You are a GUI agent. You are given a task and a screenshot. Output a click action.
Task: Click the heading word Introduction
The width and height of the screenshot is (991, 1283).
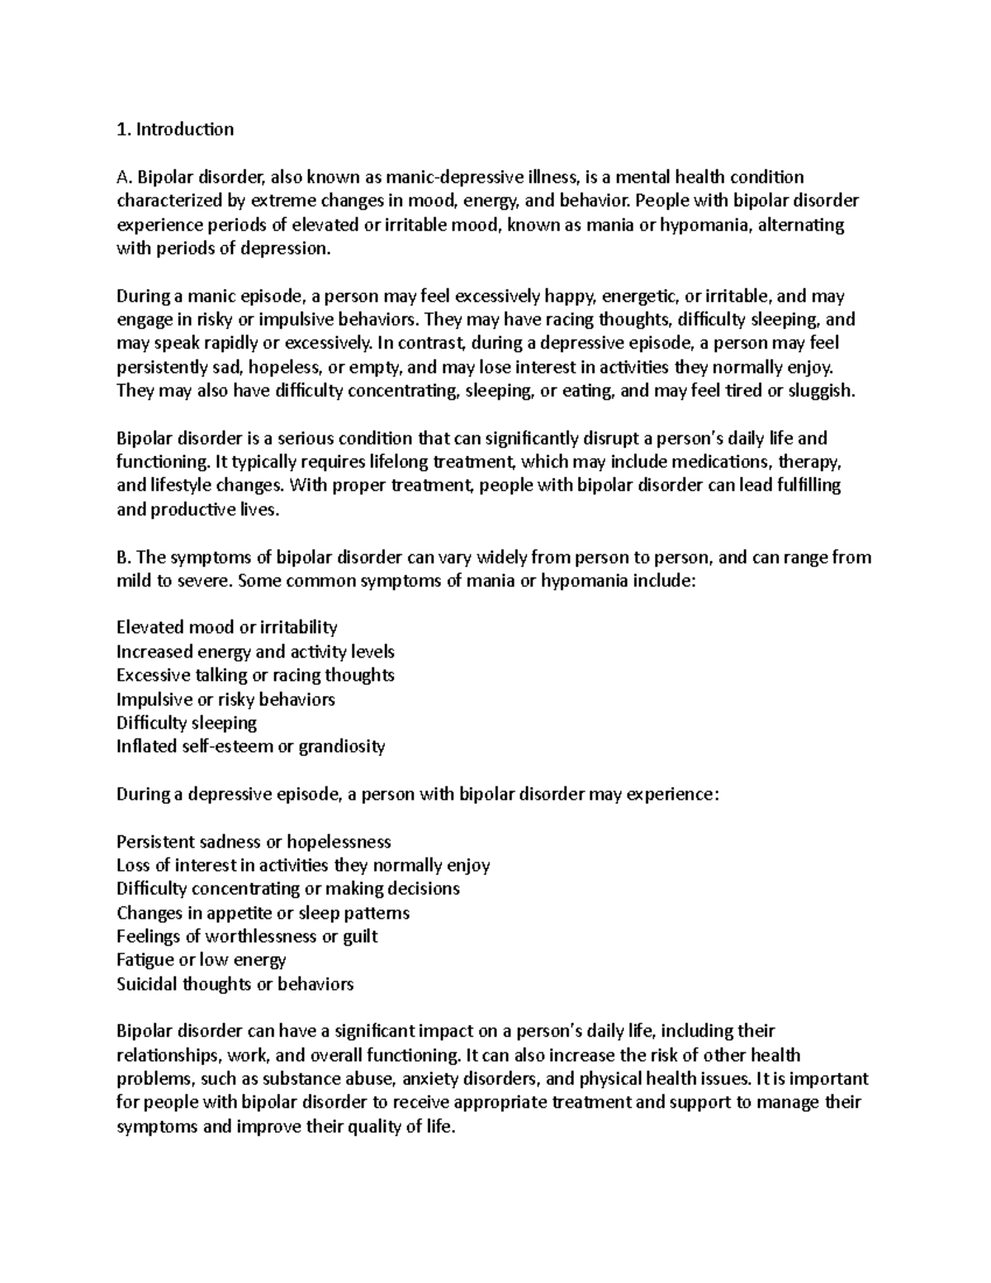point(185,129)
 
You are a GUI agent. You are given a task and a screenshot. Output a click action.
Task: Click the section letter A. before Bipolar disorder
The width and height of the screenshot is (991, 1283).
point(124,177)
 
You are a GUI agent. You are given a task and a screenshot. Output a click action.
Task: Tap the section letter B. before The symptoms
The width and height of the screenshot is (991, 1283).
point(124,558)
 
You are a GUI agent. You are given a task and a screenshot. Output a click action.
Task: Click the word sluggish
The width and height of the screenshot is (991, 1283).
point(821,391)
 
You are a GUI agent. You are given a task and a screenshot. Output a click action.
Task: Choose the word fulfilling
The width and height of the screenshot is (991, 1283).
point(799,486)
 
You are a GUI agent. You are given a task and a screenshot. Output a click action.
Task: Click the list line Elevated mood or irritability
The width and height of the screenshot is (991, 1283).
point(227,628)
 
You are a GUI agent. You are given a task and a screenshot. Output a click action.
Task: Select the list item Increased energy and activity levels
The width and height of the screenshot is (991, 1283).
point(255,652)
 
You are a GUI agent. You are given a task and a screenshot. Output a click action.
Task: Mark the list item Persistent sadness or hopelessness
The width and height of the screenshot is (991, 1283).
point(254,843)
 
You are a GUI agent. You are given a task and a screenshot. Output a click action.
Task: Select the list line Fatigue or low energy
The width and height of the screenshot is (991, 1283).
point(202,960)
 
